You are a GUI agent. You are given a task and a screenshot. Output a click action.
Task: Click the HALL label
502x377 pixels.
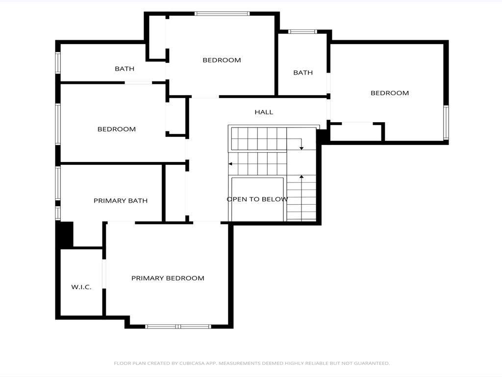264,112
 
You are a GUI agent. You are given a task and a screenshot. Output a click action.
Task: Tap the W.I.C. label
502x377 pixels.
81,287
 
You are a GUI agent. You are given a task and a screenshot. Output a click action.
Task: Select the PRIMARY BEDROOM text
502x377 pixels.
168,278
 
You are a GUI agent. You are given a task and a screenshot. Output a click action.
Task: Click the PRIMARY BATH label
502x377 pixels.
121,201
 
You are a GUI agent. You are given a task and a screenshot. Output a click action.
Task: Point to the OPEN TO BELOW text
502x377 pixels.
257,199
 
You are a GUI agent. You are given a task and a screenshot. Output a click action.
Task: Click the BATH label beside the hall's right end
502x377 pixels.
303,73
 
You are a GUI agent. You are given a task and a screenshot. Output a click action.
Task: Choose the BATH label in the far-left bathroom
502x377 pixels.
125,69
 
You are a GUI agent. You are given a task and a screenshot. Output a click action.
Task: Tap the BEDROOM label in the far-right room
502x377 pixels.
390,93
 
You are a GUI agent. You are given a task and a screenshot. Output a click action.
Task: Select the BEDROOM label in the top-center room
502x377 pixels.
222,60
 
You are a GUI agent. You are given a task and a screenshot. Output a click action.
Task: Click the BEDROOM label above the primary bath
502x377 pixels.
117,130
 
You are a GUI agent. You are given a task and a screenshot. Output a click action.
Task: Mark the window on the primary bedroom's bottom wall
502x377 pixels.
178,326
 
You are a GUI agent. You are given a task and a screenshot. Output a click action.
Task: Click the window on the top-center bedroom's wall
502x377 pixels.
222,14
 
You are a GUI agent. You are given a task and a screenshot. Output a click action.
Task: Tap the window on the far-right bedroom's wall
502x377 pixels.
446,123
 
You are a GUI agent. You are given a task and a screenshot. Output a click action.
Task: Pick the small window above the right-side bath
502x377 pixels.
302,32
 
